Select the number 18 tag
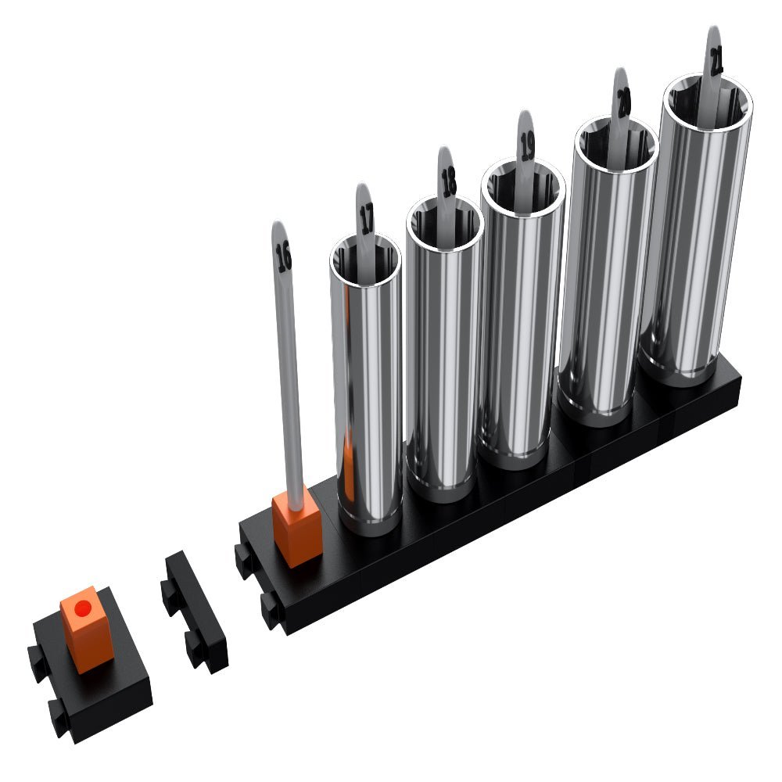[448, 181]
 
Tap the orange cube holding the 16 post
[296, 529]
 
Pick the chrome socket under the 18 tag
[442, 360]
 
